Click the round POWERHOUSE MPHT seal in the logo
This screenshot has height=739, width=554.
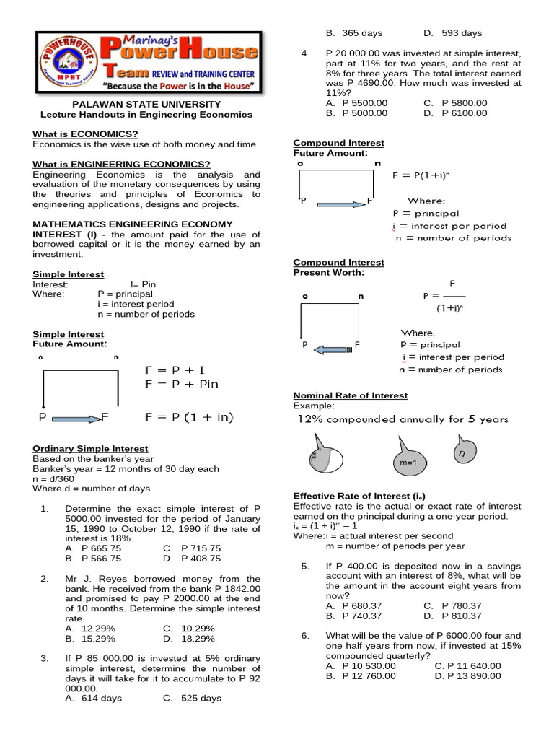click(x=60, y=62)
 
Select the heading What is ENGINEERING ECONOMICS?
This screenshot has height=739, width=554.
click(x=122, y=165)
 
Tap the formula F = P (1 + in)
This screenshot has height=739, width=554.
click(x=190, y=417)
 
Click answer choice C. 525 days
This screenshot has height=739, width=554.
click(x=192, y=698)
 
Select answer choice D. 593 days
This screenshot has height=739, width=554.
click(x=452, y=33)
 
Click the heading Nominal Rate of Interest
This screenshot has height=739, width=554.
click(x=351, y=395)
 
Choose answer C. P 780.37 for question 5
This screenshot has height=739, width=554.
click(x=452, y=605)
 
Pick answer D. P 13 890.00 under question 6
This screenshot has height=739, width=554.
click(x=467, y=675)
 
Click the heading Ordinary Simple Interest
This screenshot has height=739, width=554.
click(x=90, y=448)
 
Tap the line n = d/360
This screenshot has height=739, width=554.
click(x=54, y=478)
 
